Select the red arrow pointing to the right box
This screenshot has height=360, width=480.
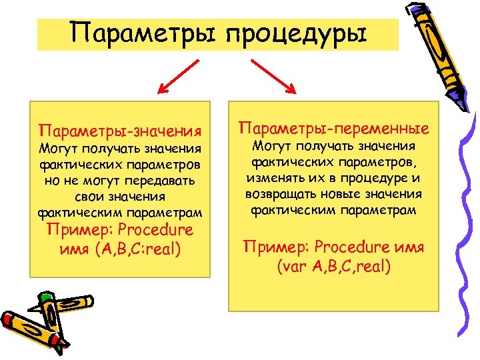point(273,76)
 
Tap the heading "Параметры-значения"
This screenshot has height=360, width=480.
point(121,128)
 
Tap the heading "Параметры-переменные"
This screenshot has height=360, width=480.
point(333,127)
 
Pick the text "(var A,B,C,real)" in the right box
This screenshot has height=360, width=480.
point(333,267)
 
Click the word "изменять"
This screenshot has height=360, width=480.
point(273,178)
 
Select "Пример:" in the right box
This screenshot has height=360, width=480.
point(272,247)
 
